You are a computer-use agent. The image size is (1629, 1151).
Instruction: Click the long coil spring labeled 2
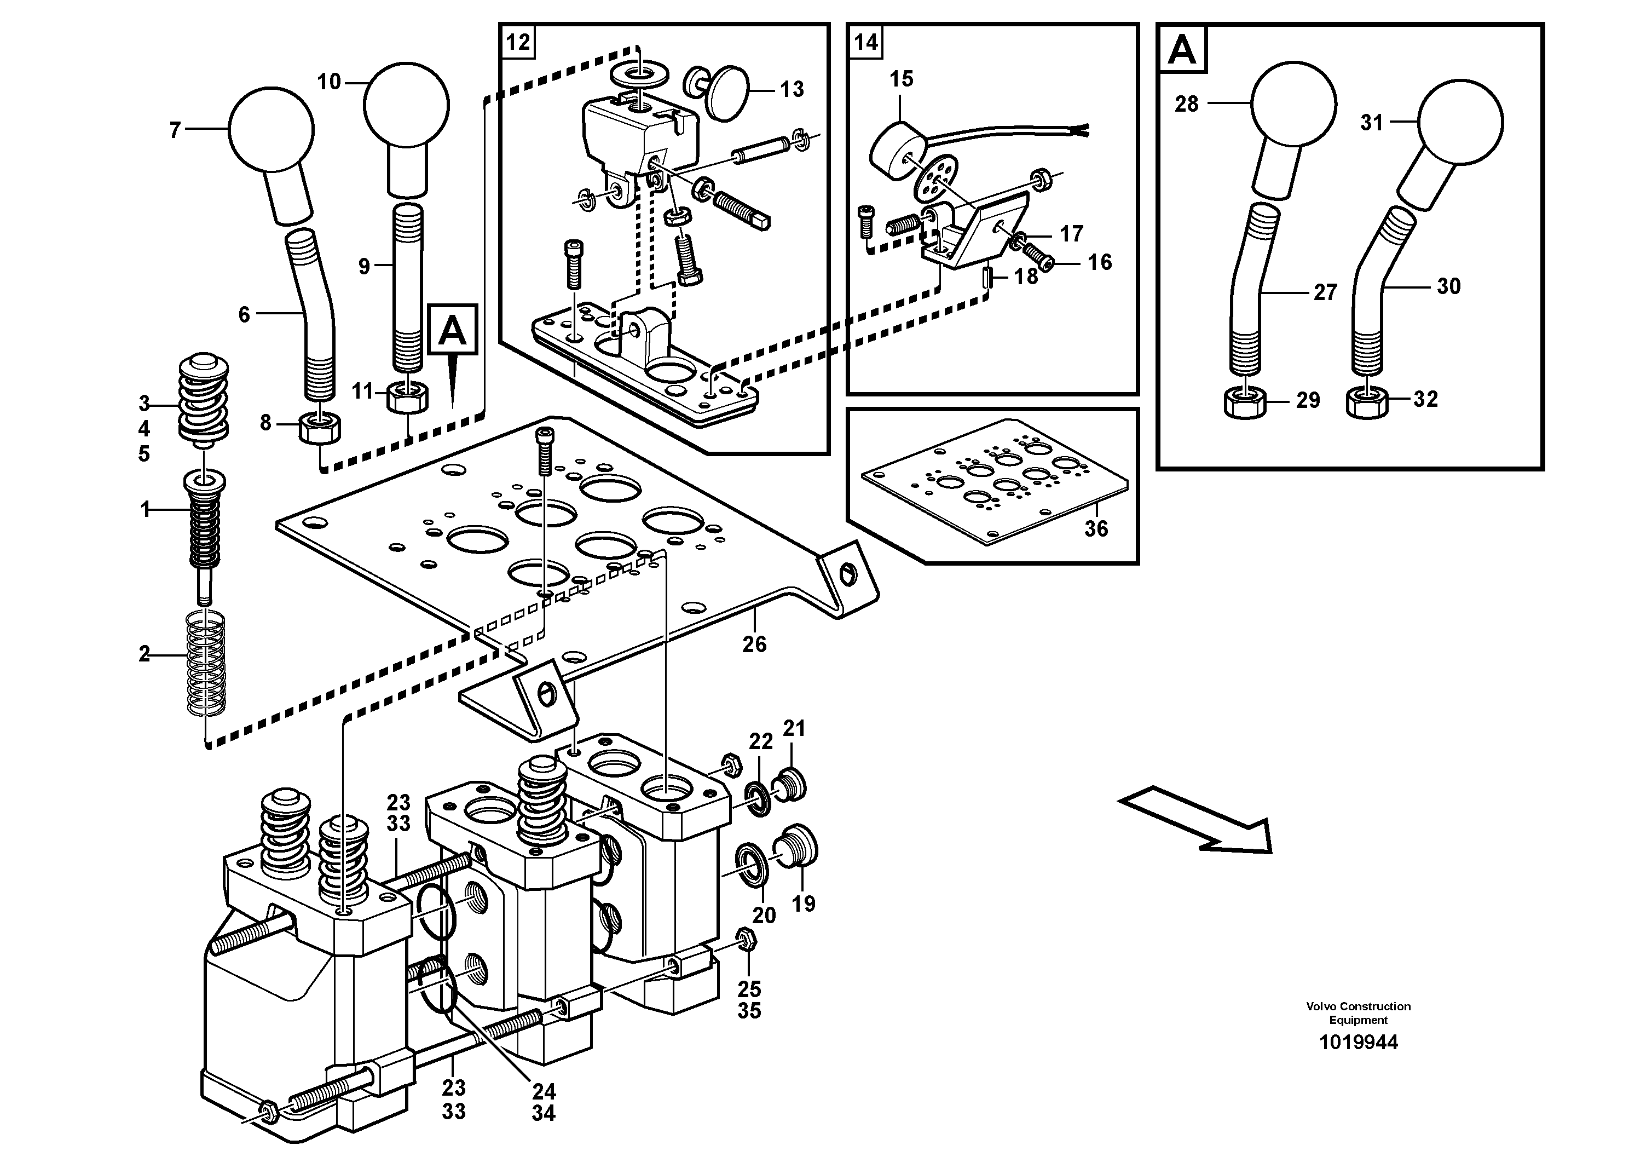pyautogui.click(x=205, y=664)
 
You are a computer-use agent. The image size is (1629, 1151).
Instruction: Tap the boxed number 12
pyautogui.click(x=518, y=43)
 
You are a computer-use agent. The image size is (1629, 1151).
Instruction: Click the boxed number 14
pyautogui.click(x=865, y=43)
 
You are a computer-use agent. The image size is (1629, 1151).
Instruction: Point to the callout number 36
pyautogui.click(x=1095, y=528)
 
